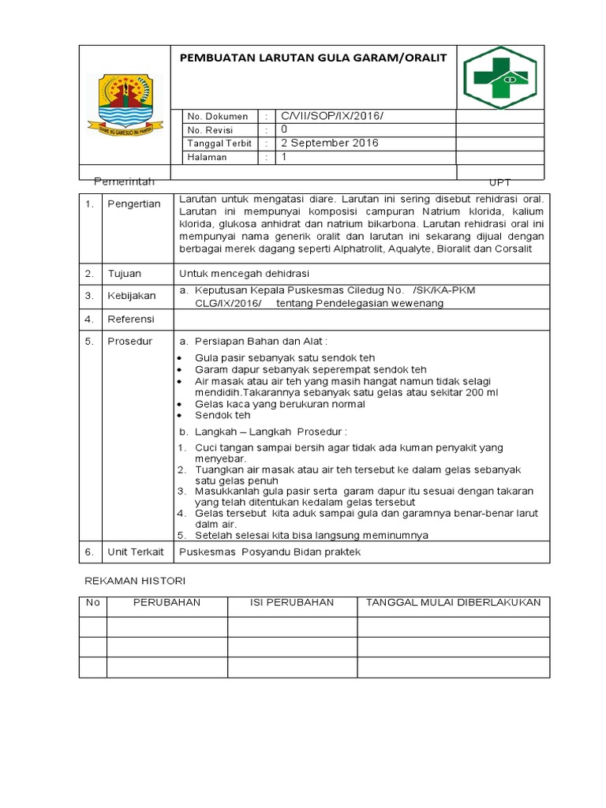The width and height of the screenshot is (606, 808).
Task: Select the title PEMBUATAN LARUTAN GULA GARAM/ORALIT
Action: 313,58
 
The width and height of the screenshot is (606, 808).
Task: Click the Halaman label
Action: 207,157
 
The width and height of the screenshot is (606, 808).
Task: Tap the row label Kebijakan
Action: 132,296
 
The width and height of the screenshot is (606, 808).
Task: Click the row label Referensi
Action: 132,320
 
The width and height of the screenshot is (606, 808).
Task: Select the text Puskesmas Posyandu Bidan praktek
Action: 270,552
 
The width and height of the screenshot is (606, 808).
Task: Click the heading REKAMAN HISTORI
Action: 134,581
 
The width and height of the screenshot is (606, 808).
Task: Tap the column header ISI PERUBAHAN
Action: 292,603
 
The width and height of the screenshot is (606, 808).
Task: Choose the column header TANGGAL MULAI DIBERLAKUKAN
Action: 453,603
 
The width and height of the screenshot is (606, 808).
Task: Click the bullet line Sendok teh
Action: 223,415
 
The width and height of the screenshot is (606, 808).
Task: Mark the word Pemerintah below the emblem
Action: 125,181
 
